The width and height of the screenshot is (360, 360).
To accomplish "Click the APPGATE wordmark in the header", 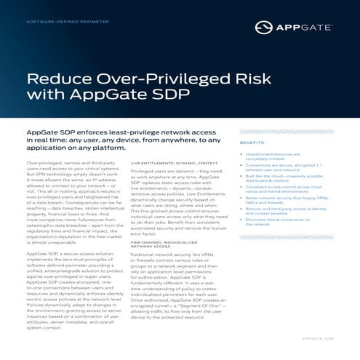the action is (x=306, y=28).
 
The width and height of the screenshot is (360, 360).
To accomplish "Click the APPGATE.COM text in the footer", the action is (x=316, y=338).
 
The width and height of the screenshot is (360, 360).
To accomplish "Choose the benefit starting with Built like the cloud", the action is (x=286, y=179).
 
